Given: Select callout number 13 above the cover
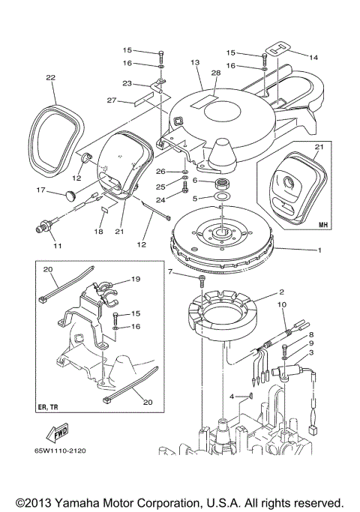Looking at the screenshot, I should point(195,62).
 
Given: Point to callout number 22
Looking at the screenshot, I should point(50,77).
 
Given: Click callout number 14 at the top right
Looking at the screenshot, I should point(313,57).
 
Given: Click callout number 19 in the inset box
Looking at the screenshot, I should point(136,278).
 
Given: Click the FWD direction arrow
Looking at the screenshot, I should point(55,433).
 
